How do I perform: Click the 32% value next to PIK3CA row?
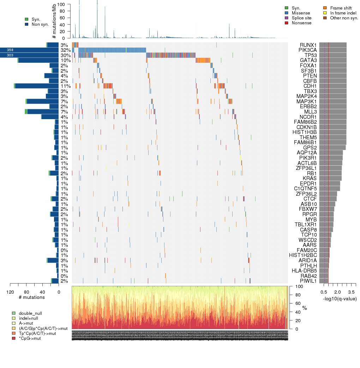coord(65,50)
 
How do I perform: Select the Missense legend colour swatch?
coord(287,13)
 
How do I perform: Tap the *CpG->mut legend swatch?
coord(14,338)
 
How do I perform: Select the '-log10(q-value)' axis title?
coord(340,299)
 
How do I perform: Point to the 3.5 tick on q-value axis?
coord(351,292)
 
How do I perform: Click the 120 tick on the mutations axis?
coord(10,292)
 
